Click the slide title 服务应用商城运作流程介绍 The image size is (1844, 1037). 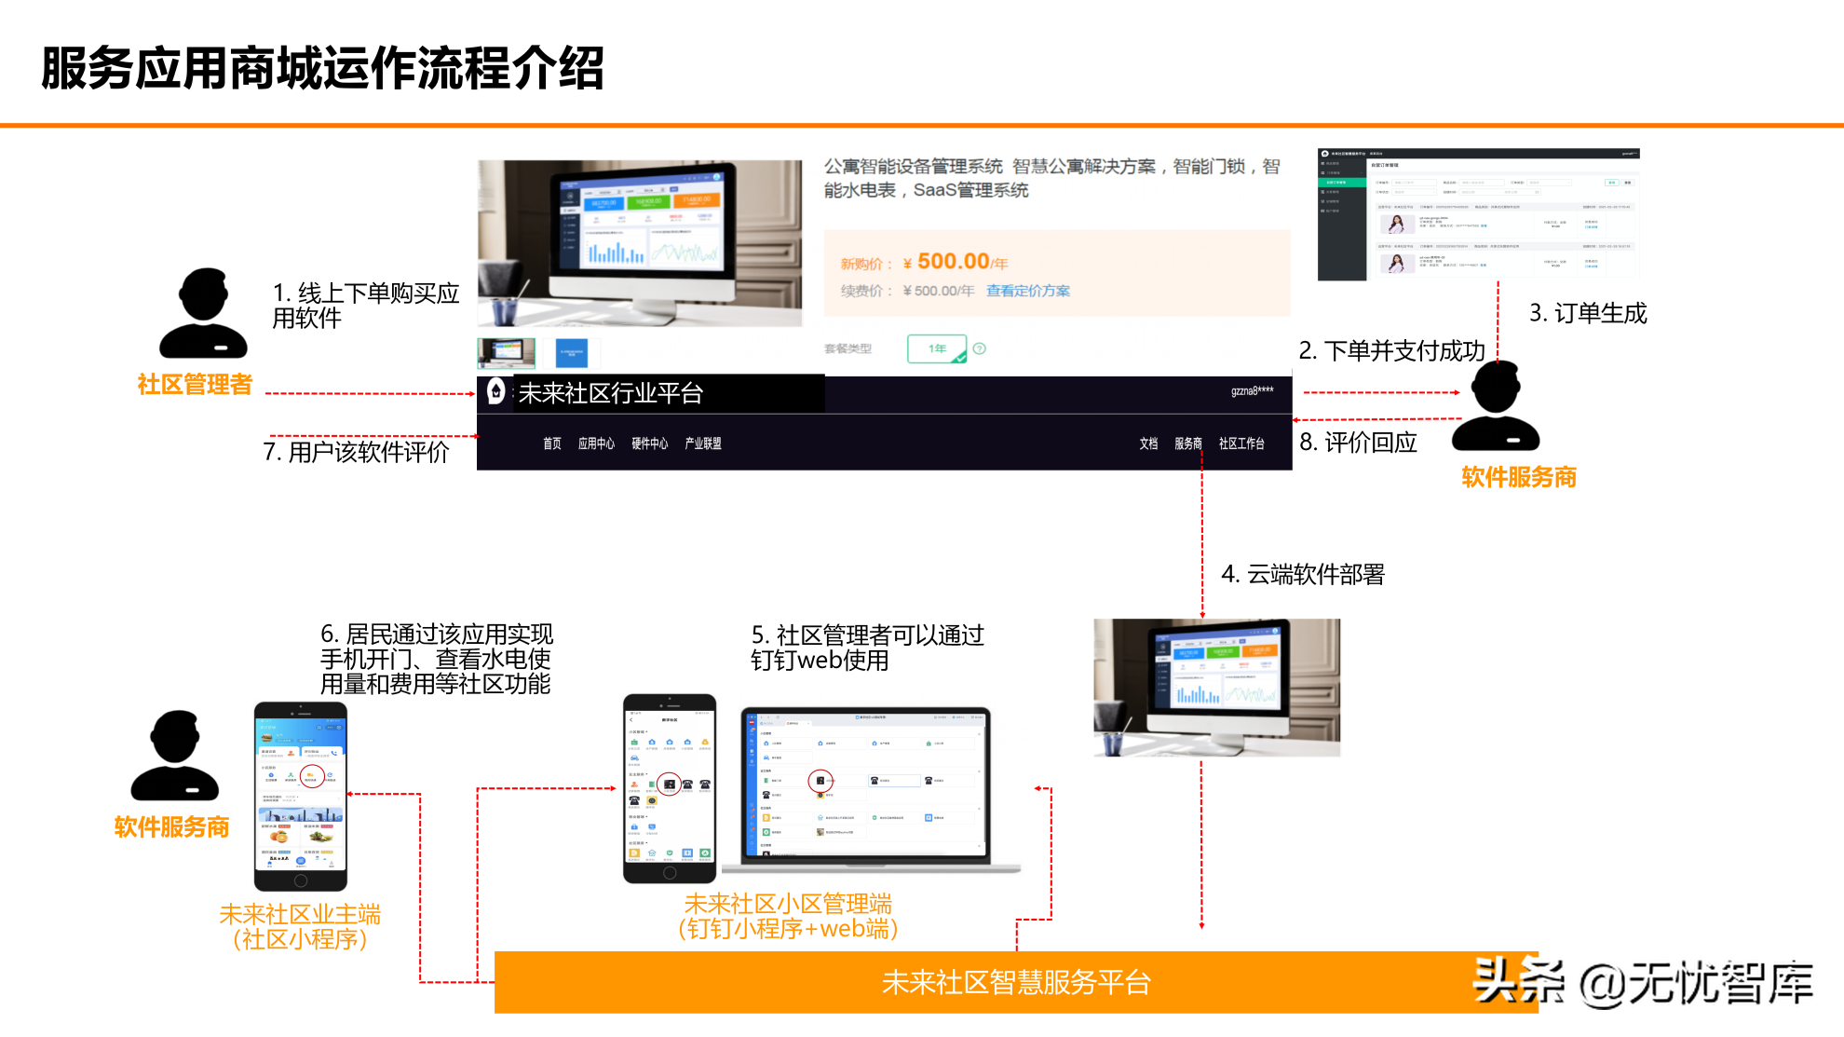[x=322, y=69]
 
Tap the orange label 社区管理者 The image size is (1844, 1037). [x=195, y=384]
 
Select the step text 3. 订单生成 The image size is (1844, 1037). [x=1588, y=313]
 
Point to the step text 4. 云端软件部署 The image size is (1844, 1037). [x=1303, y=574]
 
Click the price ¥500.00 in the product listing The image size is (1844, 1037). [x=953, y=262]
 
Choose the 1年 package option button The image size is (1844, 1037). [x=937, y=348]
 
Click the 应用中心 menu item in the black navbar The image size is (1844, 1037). [x=596, y=443]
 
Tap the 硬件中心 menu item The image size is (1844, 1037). [x=649, y=443]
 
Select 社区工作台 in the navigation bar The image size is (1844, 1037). [x=1241, y=443]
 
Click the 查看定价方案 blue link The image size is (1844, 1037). [x=1028, y=291]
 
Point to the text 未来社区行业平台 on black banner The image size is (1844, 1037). [x=610, y=393]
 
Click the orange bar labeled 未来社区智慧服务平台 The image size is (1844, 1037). [x=1015, y=982]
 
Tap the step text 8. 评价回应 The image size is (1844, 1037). [x=1358, y=443]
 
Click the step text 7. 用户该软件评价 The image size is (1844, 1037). [x=356, y=452]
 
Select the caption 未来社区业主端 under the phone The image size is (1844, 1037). [x=300, y=914]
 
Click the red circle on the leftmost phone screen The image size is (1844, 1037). [x=312, y=775]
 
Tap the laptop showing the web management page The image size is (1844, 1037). [x=866, y=787]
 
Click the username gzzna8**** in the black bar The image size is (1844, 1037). [x=1252, y=391]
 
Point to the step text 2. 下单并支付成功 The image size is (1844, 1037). [x=1391, y=351]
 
